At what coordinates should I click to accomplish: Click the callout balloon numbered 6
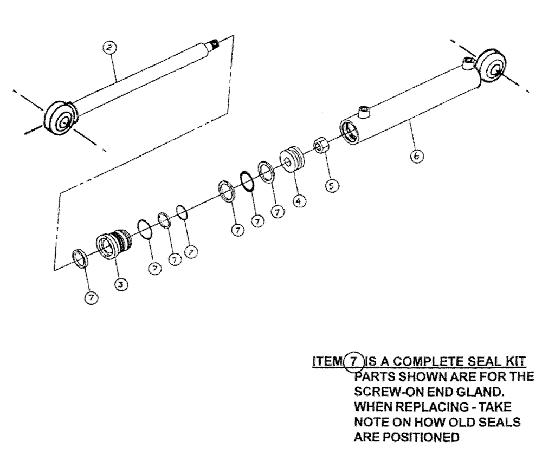click(x=416, y=157)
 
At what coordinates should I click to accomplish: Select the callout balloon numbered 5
click(x=332, y=185)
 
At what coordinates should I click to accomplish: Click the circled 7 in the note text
click(x=338, y=361)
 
